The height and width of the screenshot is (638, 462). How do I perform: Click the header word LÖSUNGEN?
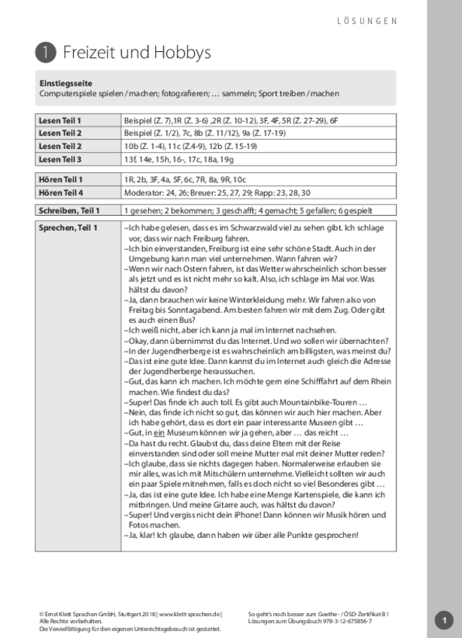[x=366, y=21]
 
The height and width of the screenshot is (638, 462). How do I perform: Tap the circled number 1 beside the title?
[x=45, y=52]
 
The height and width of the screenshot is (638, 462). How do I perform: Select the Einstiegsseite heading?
[x=65, y=83]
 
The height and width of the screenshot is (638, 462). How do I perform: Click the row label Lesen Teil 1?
[x=60, y=120]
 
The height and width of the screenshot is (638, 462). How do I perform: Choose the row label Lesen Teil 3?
[x=60, y=159]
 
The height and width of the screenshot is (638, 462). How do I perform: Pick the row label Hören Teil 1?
[x=60, y=179]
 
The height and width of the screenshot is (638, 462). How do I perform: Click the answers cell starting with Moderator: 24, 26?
[x=218, y=192]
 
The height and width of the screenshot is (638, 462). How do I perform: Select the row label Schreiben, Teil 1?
[x=68, y=211]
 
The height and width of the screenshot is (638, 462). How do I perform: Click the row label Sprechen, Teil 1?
[x=68, y=227]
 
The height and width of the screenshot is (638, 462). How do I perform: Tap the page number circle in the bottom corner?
[x=444, y=619]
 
